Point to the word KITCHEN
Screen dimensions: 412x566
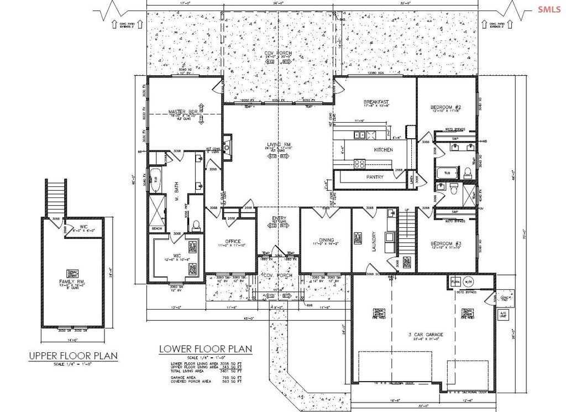(x=383, y=150)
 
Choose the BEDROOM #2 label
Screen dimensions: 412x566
(x=446, y=107)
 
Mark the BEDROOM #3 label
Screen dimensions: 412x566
(x=446, y=244)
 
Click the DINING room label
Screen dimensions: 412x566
(x=325, y=240)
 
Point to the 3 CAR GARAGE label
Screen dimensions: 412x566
(x=424, y=335)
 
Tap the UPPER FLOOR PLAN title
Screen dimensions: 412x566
(x=73, y=356)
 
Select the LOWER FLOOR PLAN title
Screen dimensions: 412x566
(x=205, y=349)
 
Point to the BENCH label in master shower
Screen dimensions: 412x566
(x=156, y=228)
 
